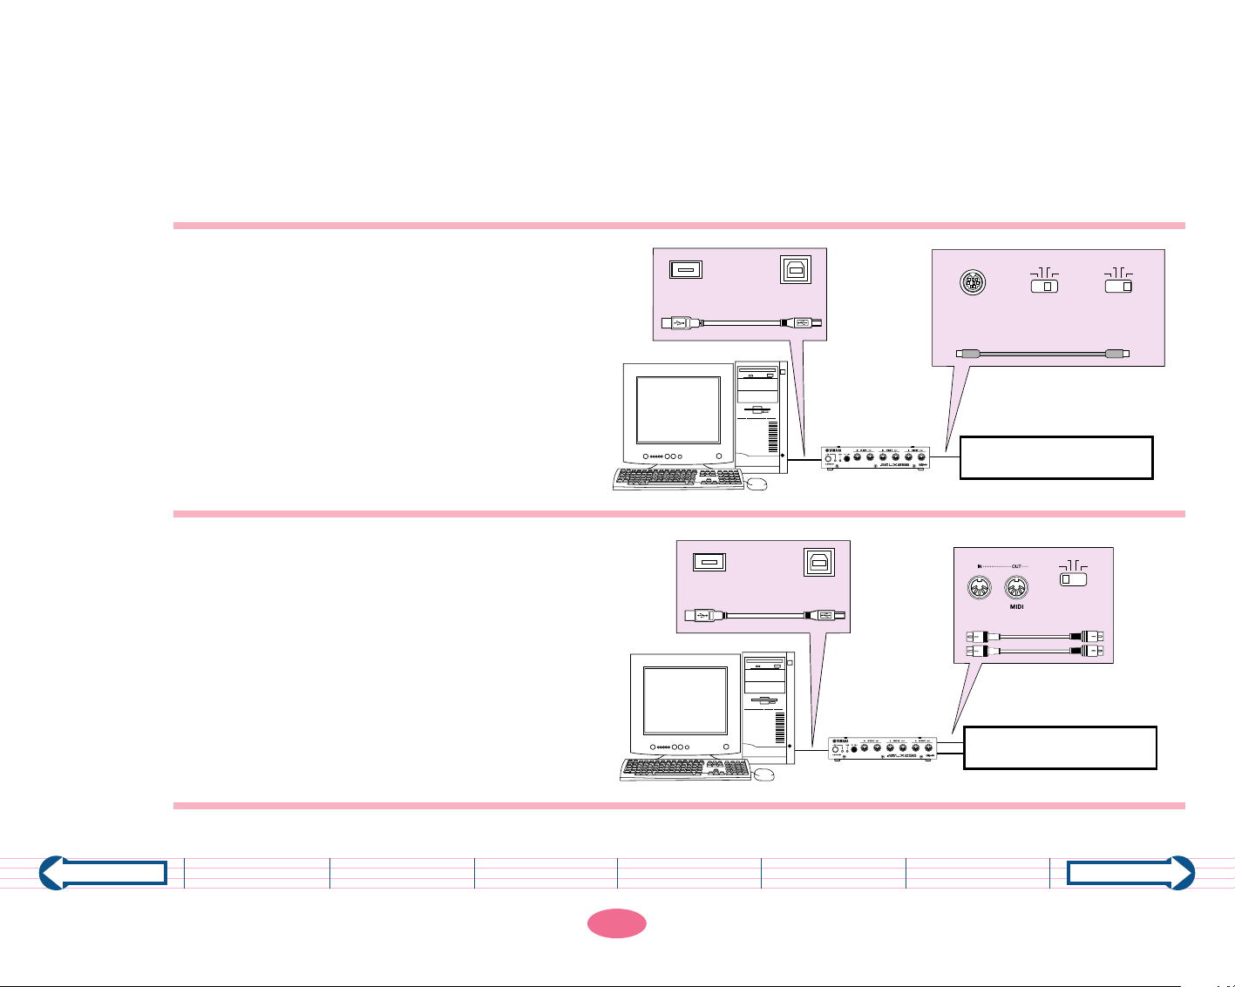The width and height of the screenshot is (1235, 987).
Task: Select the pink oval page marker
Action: pyautogui.click(x=616, y=923)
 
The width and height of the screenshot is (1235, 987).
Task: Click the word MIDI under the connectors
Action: pyautogui.click(x=1016, y=607)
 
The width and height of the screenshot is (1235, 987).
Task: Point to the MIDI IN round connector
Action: pyautogui.click(x=980, y=588)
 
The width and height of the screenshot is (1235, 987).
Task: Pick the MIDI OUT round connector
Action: pyautogui.click(x=1016, y=588)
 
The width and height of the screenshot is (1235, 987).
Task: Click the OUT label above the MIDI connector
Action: pyautogui.click(x=1016, y=566)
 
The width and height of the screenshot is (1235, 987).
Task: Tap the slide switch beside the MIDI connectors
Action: pyautogui.click(x=1073, y=578)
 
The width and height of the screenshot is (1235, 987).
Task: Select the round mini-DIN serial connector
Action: pyautogui.click(x=972, y=284)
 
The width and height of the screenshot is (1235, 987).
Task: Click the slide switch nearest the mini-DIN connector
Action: pyautogui.click(x=1044, y=286)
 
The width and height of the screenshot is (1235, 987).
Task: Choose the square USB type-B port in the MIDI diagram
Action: pyautogui.click(x=818, y=563)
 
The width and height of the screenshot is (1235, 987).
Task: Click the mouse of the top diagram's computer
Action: pyautogui.click(x=757, y=483)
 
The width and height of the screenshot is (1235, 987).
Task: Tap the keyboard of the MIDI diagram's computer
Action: pyautogui.click(x=685, y=768)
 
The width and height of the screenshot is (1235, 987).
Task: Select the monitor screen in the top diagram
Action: pyautogui.click(x=678, y=410)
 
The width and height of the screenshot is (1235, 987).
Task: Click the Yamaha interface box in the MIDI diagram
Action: pyautogui.click(x=882, y=748)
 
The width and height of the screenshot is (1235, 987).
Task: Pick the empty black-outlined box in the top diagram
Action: pyautogui.click(x=1055, y=458)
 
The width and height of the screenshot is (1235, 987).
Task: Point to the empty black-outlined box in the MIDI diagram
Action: pyautogui.click(x=1060, y=747)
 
